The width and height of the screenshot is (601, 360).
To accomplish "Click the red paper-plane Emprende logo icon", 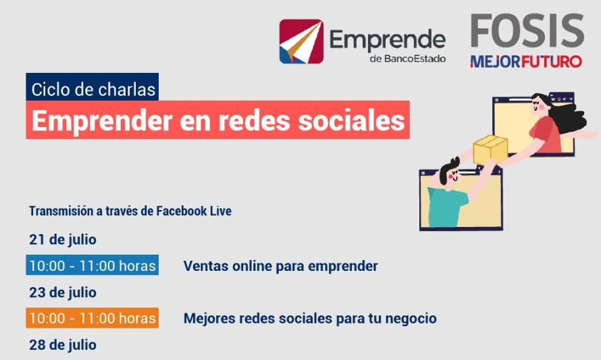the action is [301, 41].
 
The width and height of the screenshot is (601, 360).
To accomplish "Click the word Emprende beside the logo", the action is [387, 41].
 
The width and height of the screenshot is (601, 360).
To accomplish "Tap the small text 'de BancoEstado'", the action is [407, 59].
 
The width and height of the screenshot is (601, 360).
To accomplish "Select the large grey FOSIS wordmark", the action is [527, 30].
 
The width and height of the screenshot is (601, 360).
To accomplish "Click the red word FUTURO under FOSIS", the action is [551, 61].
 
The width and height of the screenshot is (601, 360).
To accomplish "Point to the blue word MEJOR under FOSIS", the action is [495, 61].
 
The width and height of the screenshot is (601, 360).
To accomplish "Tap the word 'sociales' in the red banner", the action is [351, 120].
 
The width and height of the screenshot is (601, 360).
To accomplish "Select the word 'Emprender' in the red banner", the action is [102, 121].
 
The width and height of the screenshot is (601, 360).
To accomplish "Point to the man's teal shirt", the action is [446, 205].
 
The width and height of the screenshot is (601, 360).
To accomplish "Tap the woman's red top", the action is [546, 134].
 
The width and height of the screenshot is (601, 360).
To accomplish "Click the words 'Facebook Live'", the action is [194, 211].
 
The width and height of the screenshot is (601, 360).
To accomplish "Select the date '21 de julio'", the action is [63, 240].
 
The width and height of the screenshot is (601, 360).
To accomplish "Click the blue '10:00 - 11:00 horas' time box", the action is [93, 265].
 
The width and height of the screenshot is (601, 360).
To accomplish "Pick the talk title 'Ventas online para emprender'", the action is [280, 266].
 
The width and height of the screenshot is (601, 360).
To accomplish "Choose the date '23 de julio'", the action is [63, 293].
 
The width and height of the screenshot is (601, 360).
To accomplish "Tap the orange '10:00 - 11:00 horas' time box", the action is [93, 318].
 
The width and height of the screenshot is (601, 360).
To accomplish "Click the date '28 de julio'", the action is [63, 345].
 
